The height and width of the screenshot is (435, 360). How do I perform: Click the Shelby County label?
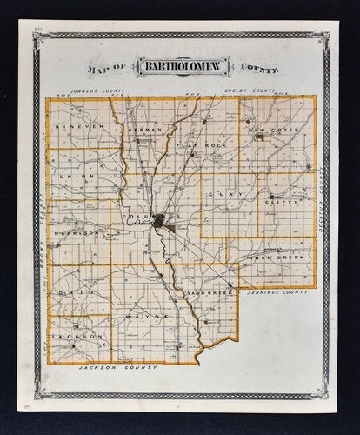point(249,90)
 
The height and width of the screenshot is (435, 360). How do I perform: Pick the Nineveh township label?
point(78,128)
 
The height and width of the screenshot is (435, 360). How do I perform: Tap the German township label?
point(143,128)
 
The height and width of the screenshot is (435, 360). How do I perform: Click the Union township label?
point(77,176)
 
